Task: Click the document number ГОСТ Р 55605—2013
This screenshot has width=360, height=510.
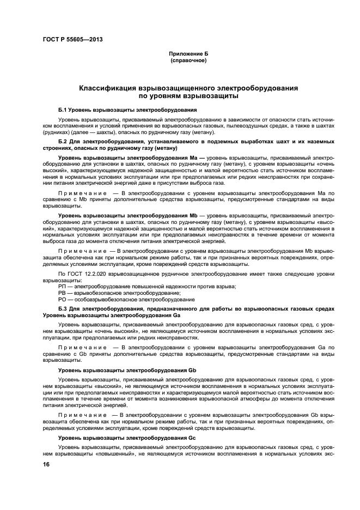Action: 72,39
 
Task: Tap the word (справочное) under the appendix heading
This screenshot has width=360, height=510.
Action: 188,60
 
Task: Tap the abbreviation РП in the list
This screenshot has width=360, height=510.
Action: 62,286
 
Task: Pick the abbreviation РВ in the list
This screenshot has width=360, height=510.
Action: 62,293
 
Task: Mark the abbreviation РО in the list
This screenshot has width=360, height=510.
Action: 62,299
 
